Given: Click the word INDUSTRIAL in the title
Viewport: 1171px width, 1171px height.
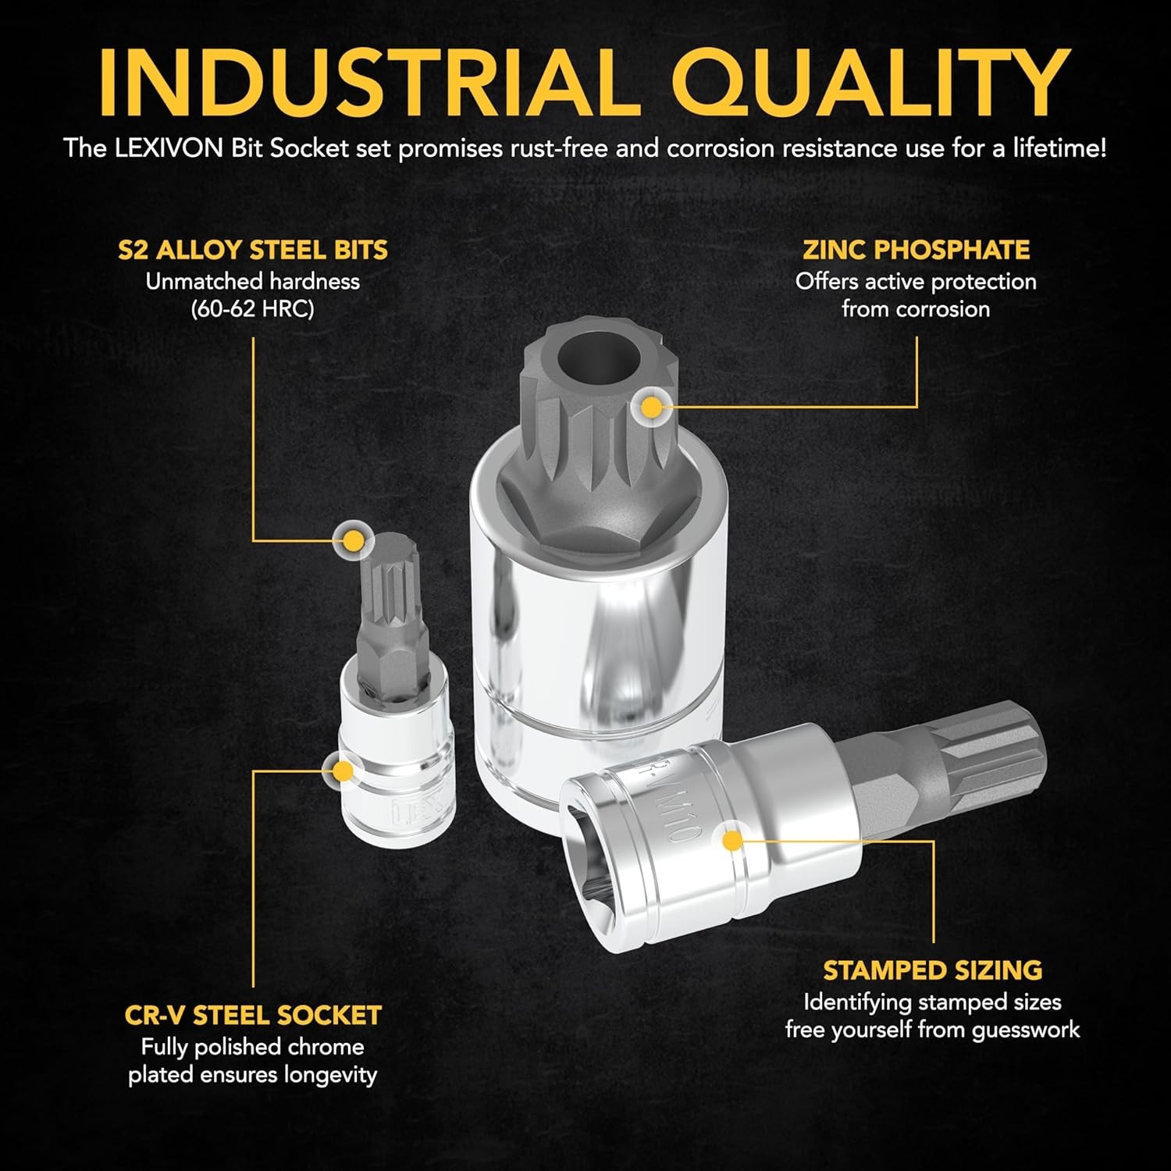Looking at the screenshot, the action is (365, 83).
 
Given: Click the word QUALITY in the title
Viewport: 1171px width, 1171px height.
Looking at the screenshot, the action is (870, 83).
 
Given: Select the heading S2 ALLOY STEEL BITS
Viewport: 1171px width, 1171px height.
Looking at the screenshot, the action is (253, 250).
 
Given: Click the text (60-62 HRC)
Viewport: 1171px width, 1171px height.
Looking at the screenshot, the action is (252, 309).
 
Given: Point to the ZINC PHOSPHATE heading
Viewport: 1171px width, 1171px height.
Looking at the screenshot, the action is (916, 250).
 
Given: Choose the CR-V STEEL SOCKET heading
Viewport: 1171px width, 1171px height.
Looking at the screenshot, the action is (253, 1015).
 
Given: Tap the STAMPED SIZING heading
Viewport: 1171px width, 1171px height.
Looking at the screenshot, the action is (932, 970).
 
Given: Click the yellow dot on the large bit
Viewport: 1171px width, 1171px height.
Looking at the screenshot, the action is (650, 407).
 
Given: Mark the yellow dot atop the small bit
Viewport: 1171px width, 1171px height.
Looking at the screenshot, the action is (353, 539).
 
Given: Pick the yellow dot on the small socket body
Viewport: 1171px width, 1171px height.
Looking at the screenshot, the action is (342, 771).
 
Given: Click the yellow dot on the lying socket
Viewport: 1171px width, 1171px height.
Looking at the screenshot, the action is (731, 840).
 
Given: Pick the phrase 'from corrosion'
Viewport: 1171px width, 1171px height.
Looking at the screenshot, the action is (916, 309).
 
